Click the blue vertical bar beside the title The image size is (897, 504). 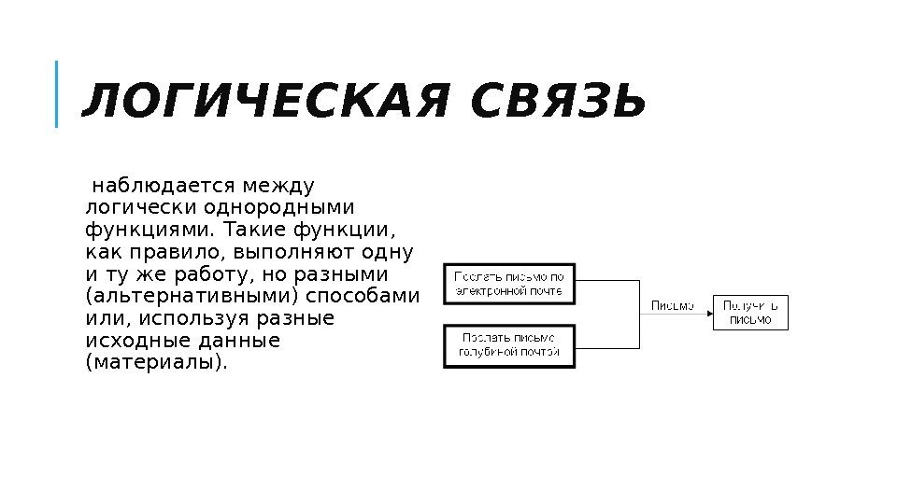57,93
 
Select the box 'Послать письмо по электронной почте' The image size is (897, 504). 509,283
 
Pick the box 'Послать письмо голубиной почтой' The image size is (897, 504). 509,344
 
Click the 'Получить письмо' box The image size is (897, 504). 750,312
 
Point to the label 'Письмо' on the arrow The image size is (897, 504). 672,305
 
